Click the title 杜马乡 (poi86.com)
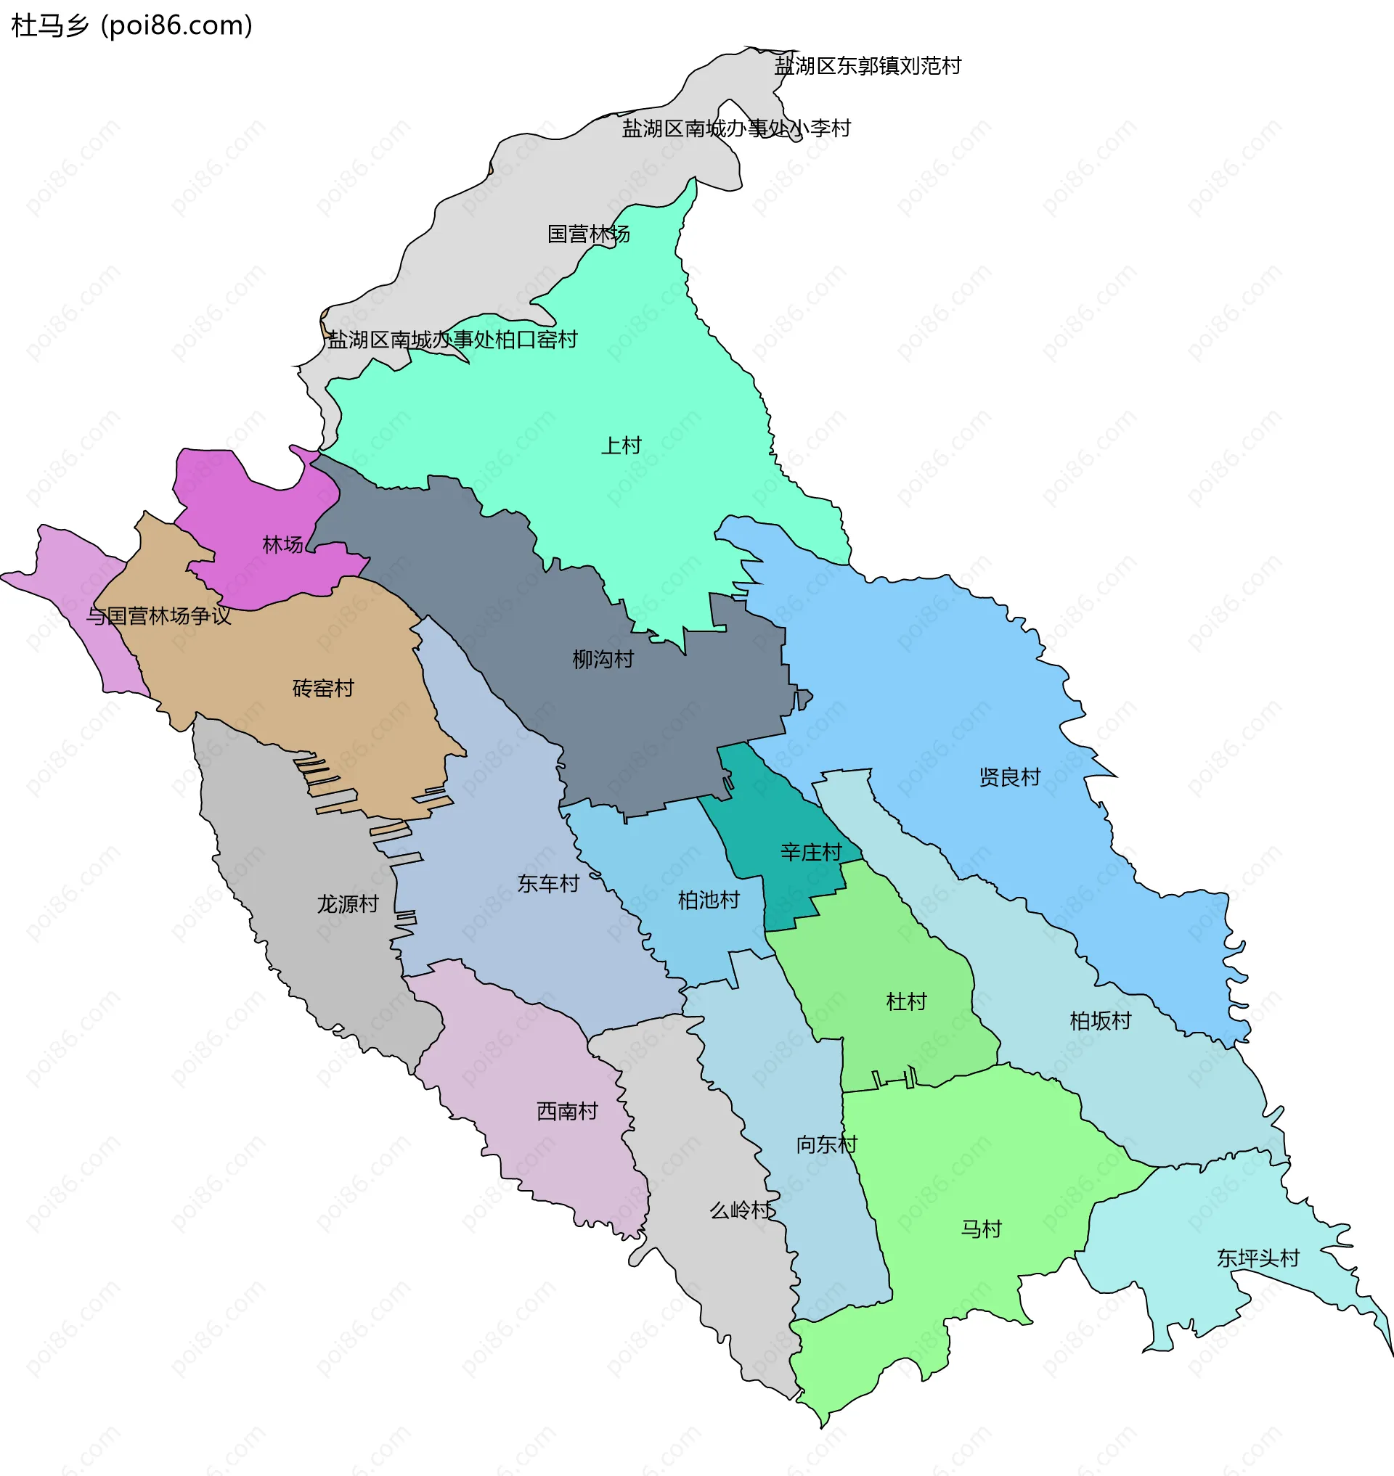[132, 26]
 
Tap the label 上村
[621, 446]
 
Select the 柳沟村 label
[603, 659]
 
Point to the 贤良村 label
[1009, 777]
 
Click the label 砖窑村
[323, 688]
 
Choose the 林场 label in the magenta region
[283, 544]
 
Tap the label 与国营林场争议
[159, 616]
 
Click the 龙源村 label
[348, 904]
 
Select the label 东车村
[547, 883]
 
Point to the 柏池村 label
[708, 901]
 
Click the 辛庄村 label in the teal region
[811, 852]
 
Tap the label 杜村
[907, 1001]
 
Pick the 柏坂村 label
[1100, 1021]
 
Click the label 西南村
[567, 1111]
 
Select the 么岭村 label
[741, 1210]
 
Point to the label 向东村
[826, 1144]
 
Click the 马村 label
[981, 1229]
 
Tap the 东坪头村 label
[1258, 1258]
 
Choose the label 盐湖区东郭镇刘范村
[867, 66]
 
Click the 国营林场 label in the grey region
[589, 234]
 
